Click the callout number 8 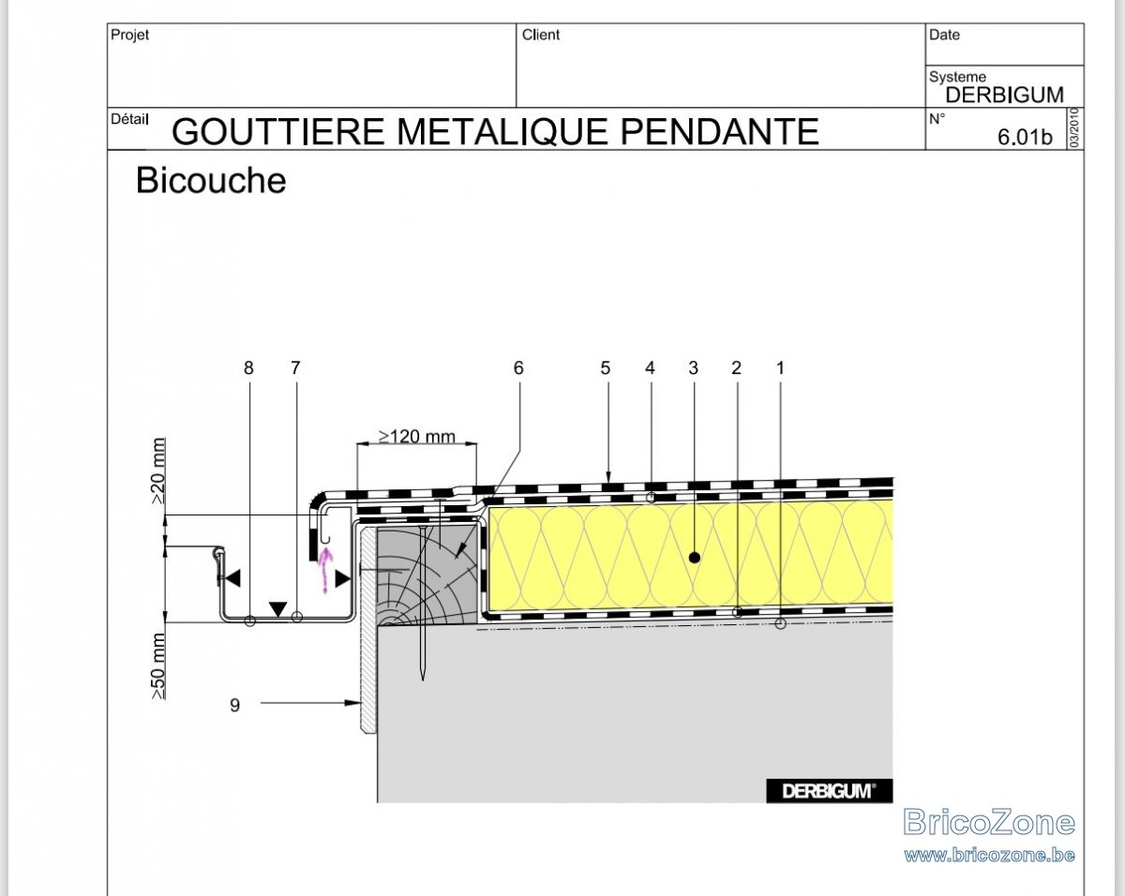(x=248, y=368)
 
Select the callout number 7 (x=296, y=368)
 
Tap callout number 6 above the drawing (x=518, y=368)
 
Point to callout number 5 (x=606, y=368)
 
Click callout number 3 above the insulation (x=693, y=368)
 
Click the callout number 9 (x=234, y=705)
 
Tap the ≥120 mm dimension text (x=416, y=436)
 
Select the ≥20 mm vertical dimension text (x=158, y=471)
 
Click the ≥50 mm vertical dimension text (x=158, y=666)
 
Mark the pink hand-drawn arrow (x=325, y=570)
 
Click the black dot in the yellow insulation (x=695, y=558)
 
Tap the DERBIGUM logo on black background (x=830, y=791)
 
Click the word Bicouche (x=211, y=180)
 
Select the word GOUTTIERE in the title (x=278, y=131)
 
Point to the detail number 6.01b (x=1025, y=137)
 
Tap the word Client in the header (x=541, y=35)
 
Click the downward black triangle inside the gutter (x=277, y=609)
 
